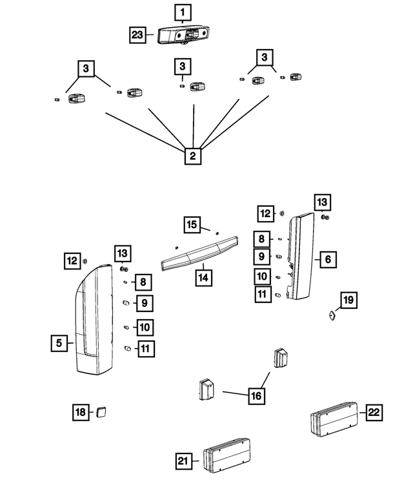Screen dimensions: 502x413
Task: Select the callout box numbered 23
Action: point(137,35)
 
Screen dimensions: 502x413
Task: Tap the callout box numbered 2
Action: point(192,155)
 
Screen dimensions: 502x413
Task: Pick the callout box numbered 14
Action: point(203,276)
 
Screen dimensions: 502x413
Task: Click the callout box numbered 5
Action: point(59,343)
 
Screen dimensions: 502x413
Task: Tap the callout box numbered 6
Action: point(327,260)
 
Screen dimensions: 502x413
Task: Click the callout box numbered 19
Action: point(348,300)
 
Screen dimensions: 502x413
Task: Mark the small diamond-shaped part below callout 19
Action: point(331,315)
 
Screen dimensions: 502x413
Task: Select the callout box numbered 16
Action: point(256,394)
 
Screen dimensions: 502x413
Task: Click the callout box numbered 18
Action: point(80,412)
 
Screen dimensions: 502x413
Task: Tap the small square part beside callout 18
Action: point(101,411)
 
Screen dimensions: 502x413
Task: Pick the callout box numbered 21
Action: point(184,461)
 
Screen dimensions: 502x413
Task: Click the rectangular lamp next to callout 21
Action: point(226,455)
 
